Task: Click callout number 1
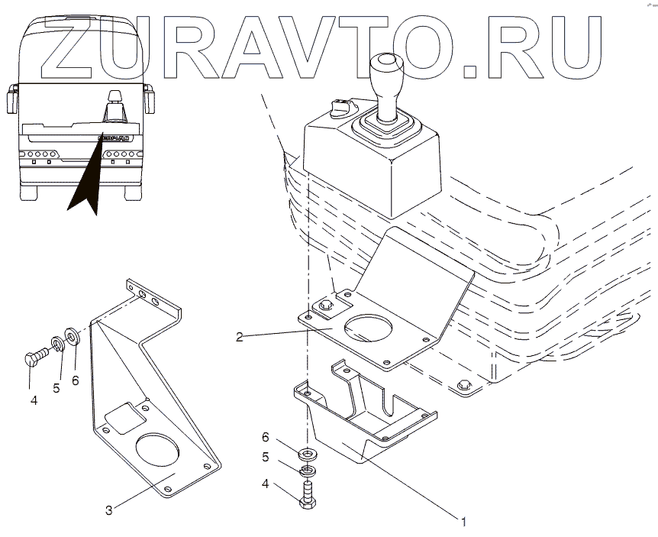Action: click(462, 522)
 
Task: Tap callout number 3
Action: click(109, 510)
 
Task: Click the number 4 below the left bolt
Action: click(34, 399)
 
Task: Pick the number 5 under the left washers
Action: click(56, 388)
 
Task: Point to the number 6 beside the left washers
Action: click(75, 379)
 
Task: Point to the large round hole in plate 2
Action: click(369, 329)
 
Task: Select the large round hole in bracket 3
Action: click(156, 451)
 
